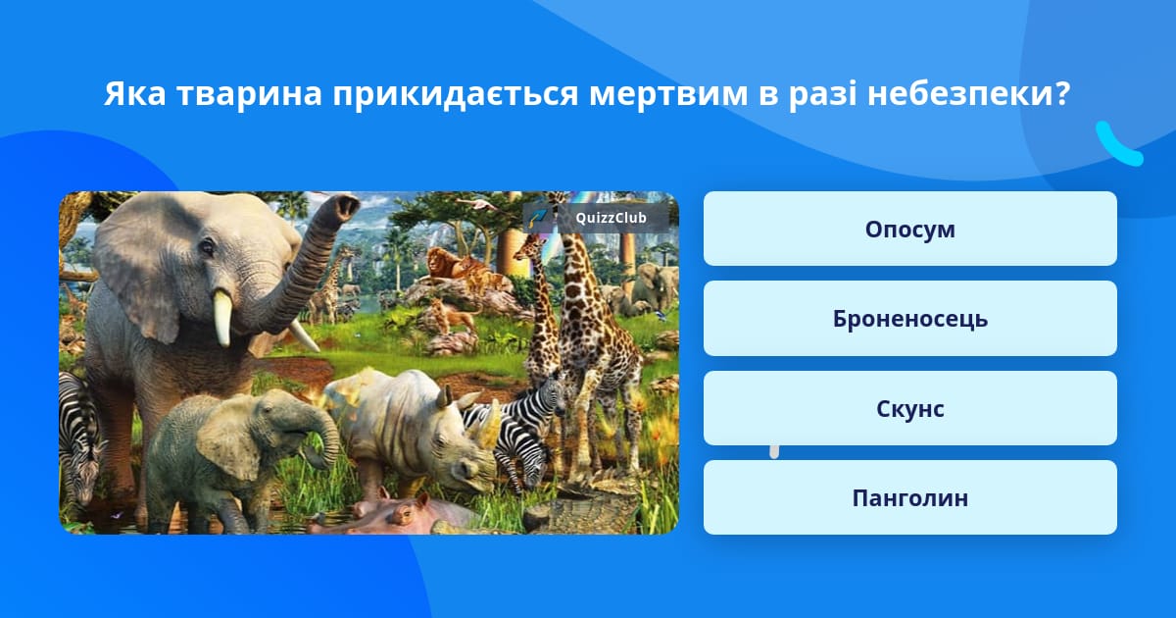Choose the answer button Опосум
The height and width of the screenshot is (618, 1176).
click(909, 229)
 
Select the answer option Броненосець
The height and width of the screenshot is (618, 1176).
click(909, 319)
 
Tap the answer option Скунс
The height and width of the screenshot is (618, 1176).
click(909, 408)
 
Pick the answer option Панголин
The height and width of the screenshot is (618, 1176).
click(909, 497)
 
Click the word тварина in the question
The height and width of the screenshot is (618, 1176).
click(249, 93)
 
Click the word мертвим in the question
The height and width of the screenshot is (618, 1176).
click(668, 94)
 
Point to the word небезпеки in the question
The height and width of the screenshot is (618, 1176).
click(967, 93)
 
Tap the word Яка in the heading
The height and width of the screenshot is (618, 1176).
click(135, 93)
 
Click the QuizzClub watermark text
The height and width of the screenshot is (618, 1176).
click(611, 218)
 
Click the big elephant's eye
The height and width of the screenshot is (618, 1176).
click(208, 245)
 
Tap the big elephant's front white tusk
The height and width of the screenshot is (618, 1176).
click(222, 318)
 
